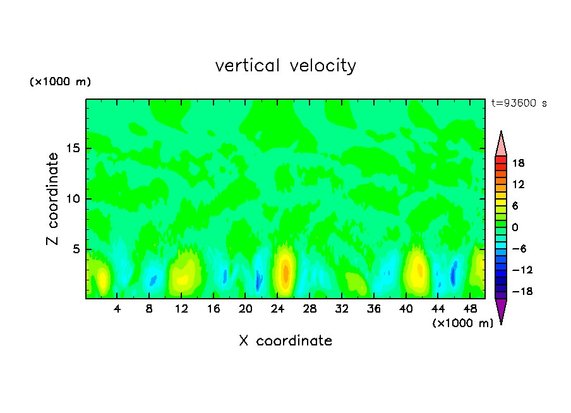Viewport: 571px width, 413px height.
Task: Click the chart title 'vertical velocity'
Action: tap(285, 66)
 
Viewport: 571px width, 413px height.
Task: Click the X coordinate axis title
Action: tap(285, 341)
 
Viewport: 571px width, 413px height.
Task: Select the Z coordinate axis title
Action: tap(53, 199)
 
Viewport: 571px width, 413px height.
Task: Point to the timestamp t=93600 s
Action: tap(519, 103)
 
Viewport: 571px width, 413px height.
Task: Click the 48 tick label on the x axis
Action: tap(469, 309)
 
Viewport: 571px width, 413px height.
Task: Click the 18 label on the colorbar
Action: tap(519, 163)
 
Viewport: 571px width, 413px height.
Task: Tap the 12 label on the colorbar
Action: tap(519, 184)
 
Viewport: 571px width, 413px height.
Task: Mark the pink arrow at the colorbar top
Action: tap(501, 144)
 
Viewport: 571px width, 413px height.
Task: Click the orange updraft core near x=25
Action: tap(285, 273)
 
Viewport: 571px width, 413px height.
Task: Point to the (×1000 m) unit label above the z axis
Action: tap(60, 82)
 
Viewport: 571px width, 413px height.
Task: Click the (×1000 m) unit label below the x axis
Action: tap(462, 323)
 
